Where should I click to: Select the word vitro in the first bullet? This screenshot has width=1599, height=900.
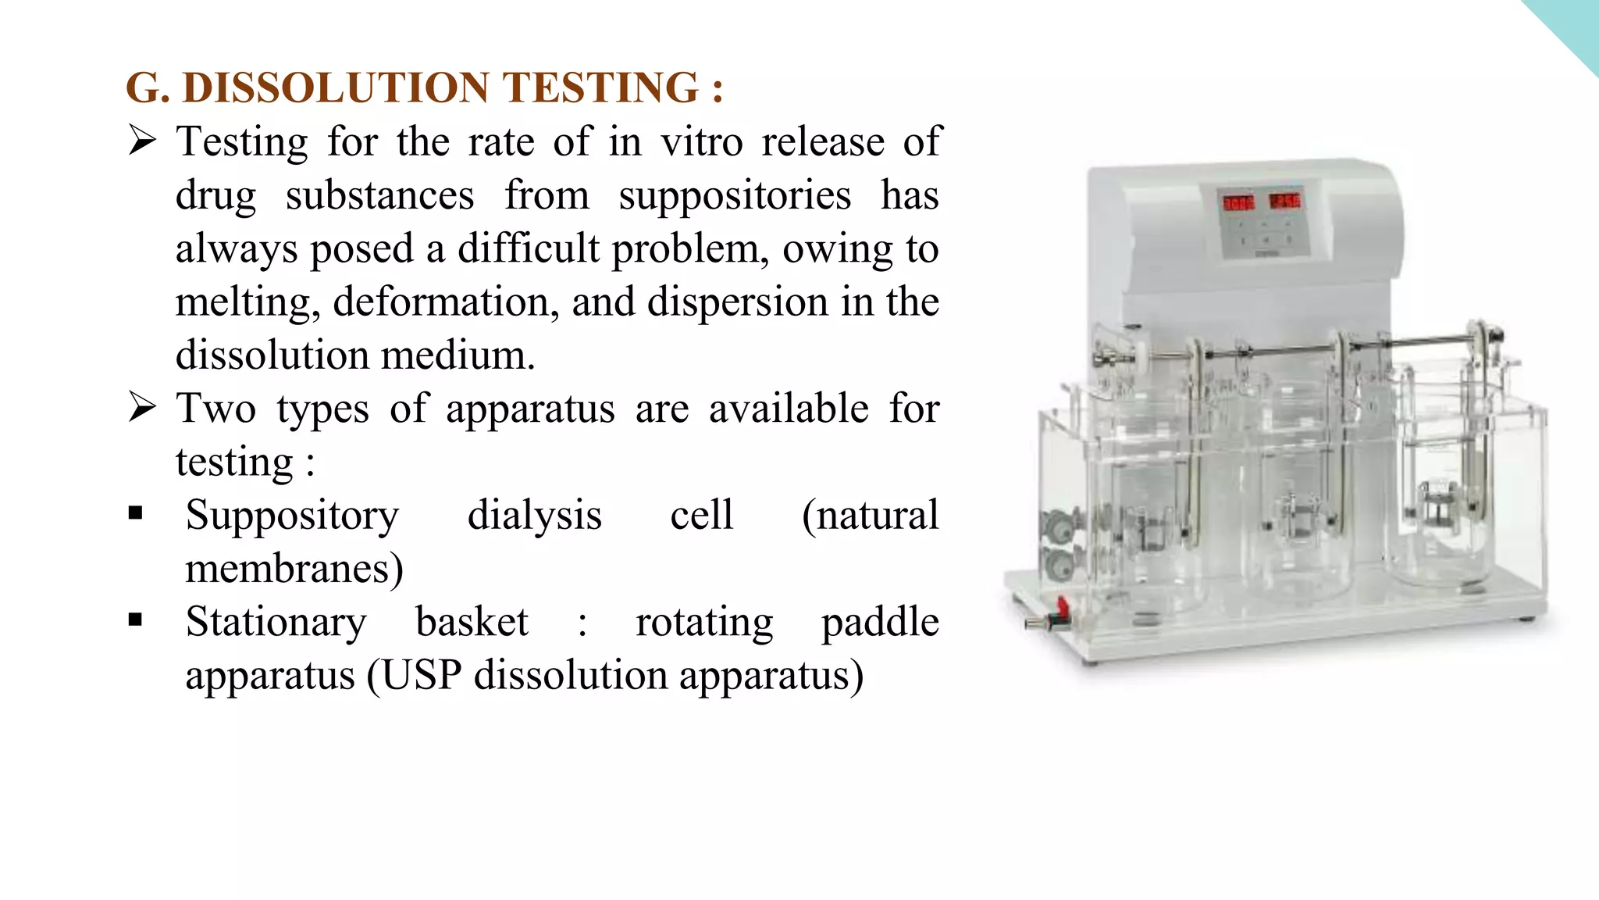coord(702,142)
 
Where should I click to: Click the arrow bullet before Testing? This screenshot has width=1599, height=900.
coord(142,141)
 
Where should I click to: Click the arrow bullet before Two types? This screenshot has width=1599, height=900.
coord(142,408)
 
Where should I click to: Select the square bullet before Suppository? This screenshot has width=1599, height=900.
coord(136,513)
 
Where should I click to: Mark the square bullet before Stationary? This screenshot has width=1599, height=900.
coord(136,620)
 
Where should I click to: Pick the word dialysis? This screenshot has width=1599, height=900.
coord(534,516)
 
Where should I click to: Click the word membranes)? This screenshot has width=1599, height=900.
coord(294,569)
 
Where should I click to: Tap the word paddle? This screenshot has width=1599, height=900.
coord(880,623)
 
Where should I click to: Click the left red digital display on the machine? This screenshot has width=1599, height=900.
coord(1238,203)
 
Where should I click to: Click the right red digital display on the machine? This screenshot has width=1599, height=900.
coord(1285,201)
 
